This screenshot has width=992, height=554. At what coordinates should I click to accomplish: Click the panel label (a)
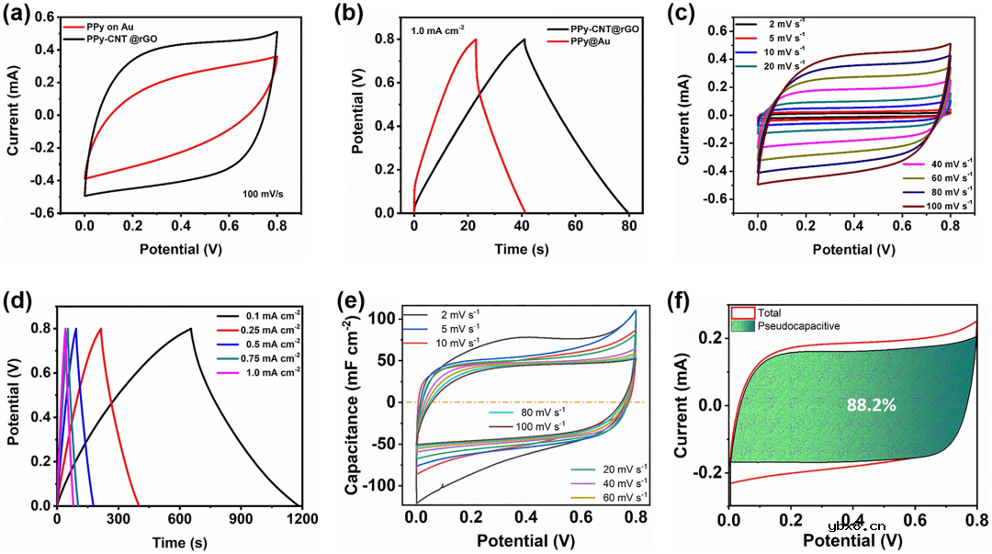coord(24,17)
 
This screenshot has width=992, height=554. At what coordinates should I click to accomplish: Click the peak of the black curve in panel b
coord(524,39)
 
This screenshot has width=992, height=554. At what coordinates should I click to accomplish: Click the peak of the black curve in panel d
coord(191,328)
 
